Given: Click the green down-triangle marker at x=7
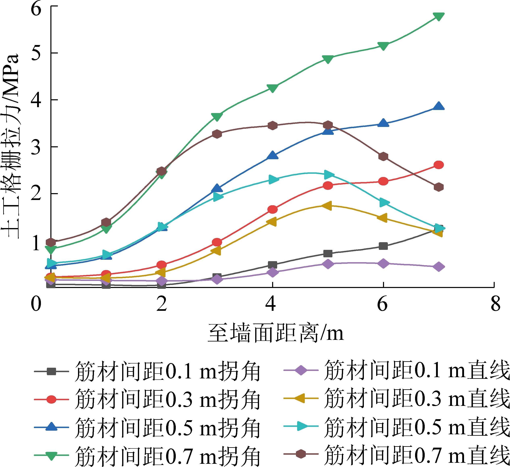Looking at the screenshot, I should (x=439, y=16).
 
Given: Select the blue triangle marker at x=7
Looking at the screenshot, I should (x=439, y=106).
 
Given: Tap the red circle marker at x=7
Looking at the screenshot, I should (x=439, y=165).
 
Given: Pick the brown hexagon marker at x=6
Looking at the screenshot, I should (x=383, y=157).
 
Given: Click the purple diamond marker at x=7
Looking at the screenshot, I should (x=439, y=267).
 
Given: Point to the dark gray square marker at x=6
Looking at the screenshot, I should (x=383, y=246).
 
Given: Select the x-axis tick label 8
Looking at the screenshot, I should (x=495, y=304).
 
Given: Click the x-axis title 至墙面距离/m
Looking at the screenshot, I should (x=276, y=333).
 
